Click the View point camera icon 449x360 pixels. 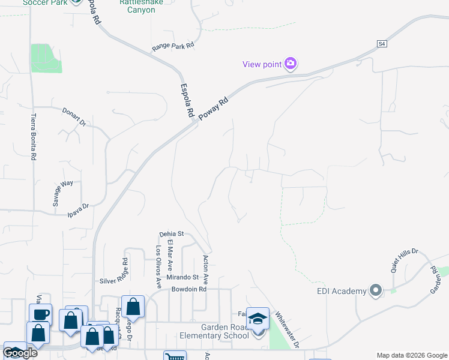click(291, 64)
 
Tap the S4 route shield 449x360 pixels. click(382, 44)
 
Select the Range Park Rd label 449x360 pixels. click(173, 46)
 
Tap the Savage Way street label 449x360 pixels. click(62, 193)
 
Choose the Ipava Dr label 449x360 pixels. click(77, 206)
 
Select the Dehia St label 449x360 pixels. click(170, 234)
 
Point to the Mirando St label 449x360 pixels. click(182, 277)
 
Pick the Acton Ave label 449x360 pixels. click(205, 269)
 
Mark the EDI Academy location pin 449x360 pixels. click(376, 291)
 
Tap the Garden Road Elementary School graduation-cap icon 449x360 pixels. click(258, 319)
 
